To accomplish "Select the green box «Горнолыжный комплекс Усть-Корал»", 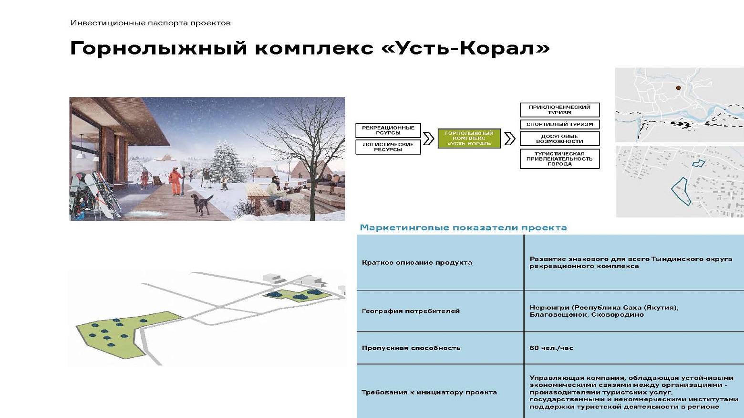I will click(469, 139).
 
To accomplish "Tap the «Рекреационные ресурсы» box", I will click(388, 130).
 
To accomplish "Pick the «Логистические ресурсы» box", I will click(388, 147).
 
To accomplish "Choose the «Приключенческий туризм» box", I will click(559, 110).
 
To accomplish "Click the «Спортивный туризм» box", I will click(559, 124).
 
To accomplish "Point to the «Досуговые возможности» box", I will click(559, 139).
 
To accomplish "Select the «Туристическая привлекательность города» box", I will click(559, 159).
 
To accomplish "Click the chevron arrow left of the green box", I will click(428, 139).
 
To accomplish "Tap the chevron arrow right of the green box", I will click(509, 139).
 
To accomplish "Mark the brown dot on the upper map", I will click(677, 88).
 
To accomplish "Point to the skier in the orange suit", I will click(176, 180).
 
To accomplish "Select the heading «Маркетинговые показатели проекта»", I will click(463, 227).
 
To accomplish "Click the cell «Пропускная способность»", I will click(411, 348).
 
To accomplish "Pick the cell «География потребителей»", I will click(411, 311).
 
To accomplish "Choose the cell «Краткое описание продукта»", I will click(416, 262).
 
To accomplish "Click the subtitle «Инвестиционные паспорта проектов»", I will click(150, 23).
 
